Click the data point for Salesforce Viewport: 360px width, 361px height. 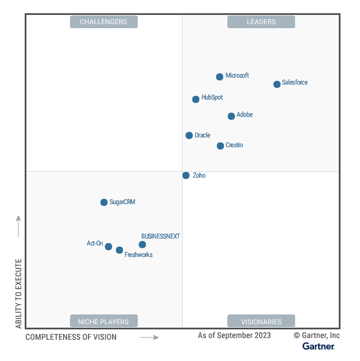(277, 84)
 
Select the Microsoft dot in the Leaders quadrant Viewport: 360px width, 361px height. (219, 77)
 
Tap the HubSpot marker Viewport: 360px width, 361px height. (196, 99)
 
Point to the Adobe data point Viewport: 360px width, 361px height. (231, 116)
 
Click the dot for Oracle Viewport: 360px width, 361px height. (189, 136)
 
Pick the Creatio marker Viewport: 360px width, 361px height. (220, 146)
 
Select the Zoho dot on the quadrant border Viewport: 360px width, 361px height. (186, 175)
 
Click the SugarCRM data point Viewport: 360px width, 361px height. (104, 202)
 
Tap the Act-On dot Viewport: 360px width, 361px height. (109, 247)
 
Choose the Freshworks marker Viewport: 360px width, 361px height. (119, 250)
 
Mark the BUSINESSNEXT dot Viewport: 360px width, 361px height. (142, 244)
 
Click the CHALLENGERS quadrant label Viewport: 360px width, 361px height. (104, 22)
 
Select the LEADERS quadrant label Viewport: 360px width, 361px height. (261, 22)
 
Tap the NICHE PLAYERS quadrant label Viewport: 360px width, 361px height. (104, 321)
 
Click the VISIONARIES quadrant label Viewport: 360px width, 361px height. (261, 321)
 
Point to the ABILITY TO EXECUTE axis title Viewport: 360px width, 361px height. (18, 294)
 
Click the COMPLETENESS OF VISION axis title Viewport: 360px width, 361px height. (71, 337)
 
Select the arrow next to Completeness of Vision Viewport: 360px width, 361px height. (149, 337)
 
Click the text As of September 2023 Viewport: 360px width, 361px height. (234, 335)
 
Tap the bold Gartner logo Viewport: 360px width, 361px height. (319, 346)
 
